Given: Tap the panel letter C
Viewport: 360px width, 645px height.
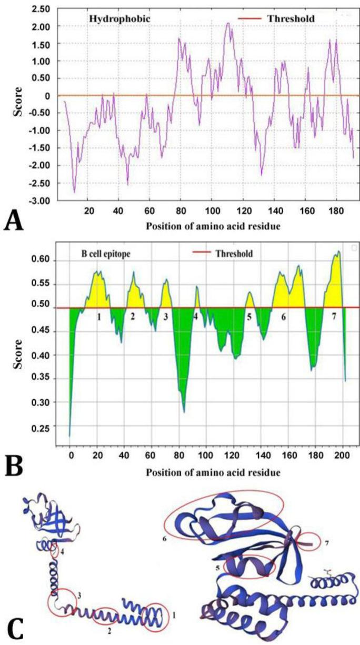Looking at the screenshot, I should point(15,629).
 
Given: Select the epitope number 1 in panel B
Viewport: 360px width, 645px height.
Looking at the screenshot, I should point(98,317).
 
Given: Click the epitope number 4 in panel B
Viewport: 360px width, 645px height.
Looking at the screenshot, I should point(196,317).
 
